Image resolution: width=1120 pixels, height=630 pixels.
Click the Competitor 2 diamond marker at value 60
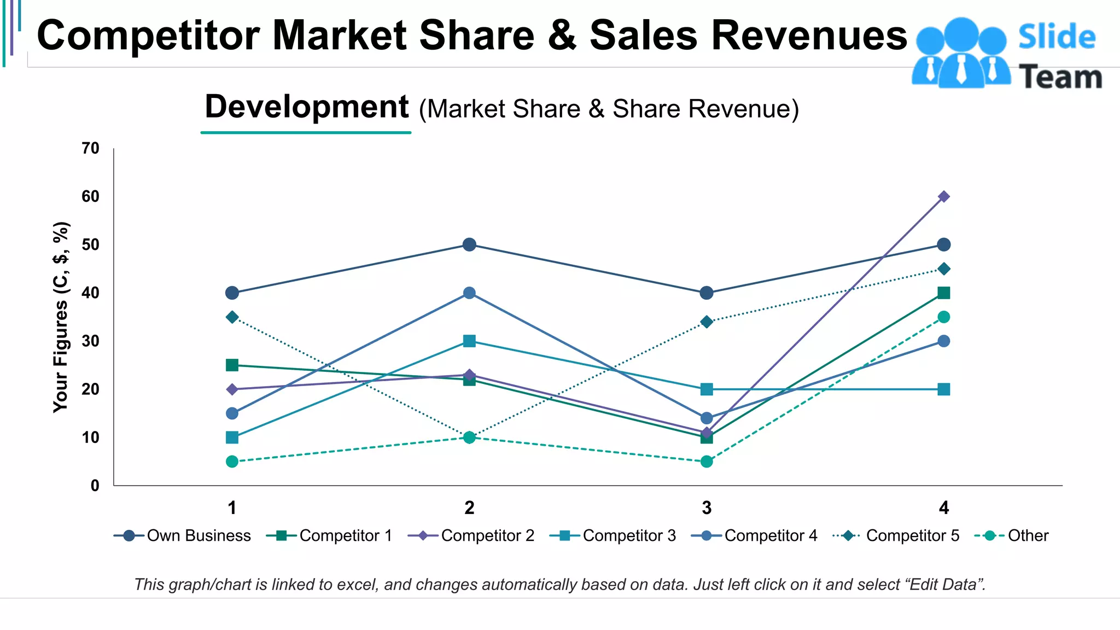(943, 196)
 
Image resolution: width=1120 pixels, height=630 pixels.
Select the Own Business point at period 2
(469, 244)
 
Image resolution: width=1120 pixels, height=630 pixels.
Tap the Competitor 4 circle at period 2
(469, 293)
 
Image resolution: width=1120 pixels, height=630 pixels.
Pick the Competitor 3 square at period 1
(232, 437)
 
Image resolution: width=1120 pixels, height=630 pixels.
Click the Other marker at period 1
(232, 462)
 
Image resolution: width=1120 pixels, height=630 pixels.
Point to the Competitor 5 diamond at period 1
(232, 317)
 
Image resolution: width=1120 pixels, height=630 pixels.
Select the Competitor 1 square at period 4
(943, 293)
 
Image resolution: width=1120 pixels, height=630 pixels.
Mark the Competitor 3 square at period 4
(943, 389)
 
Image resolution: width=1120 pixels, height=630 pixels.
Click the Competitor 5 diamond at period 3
(707, 322)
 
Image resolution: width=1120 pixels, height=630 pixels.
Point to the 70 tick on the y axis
(91, 148)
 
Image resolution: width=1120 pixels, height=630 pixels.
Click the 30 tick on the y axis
(91, 341)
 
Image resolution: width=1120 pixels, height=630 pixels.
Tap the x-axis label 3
(707, 508)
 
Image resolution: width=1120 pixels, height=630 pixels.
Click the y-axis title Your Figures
(61, 317)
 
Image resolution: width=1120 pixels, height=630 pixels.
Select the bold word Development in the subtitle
(306, 107)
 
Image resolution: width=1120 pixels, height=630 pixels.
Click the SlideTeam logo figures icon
(961, 53)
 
